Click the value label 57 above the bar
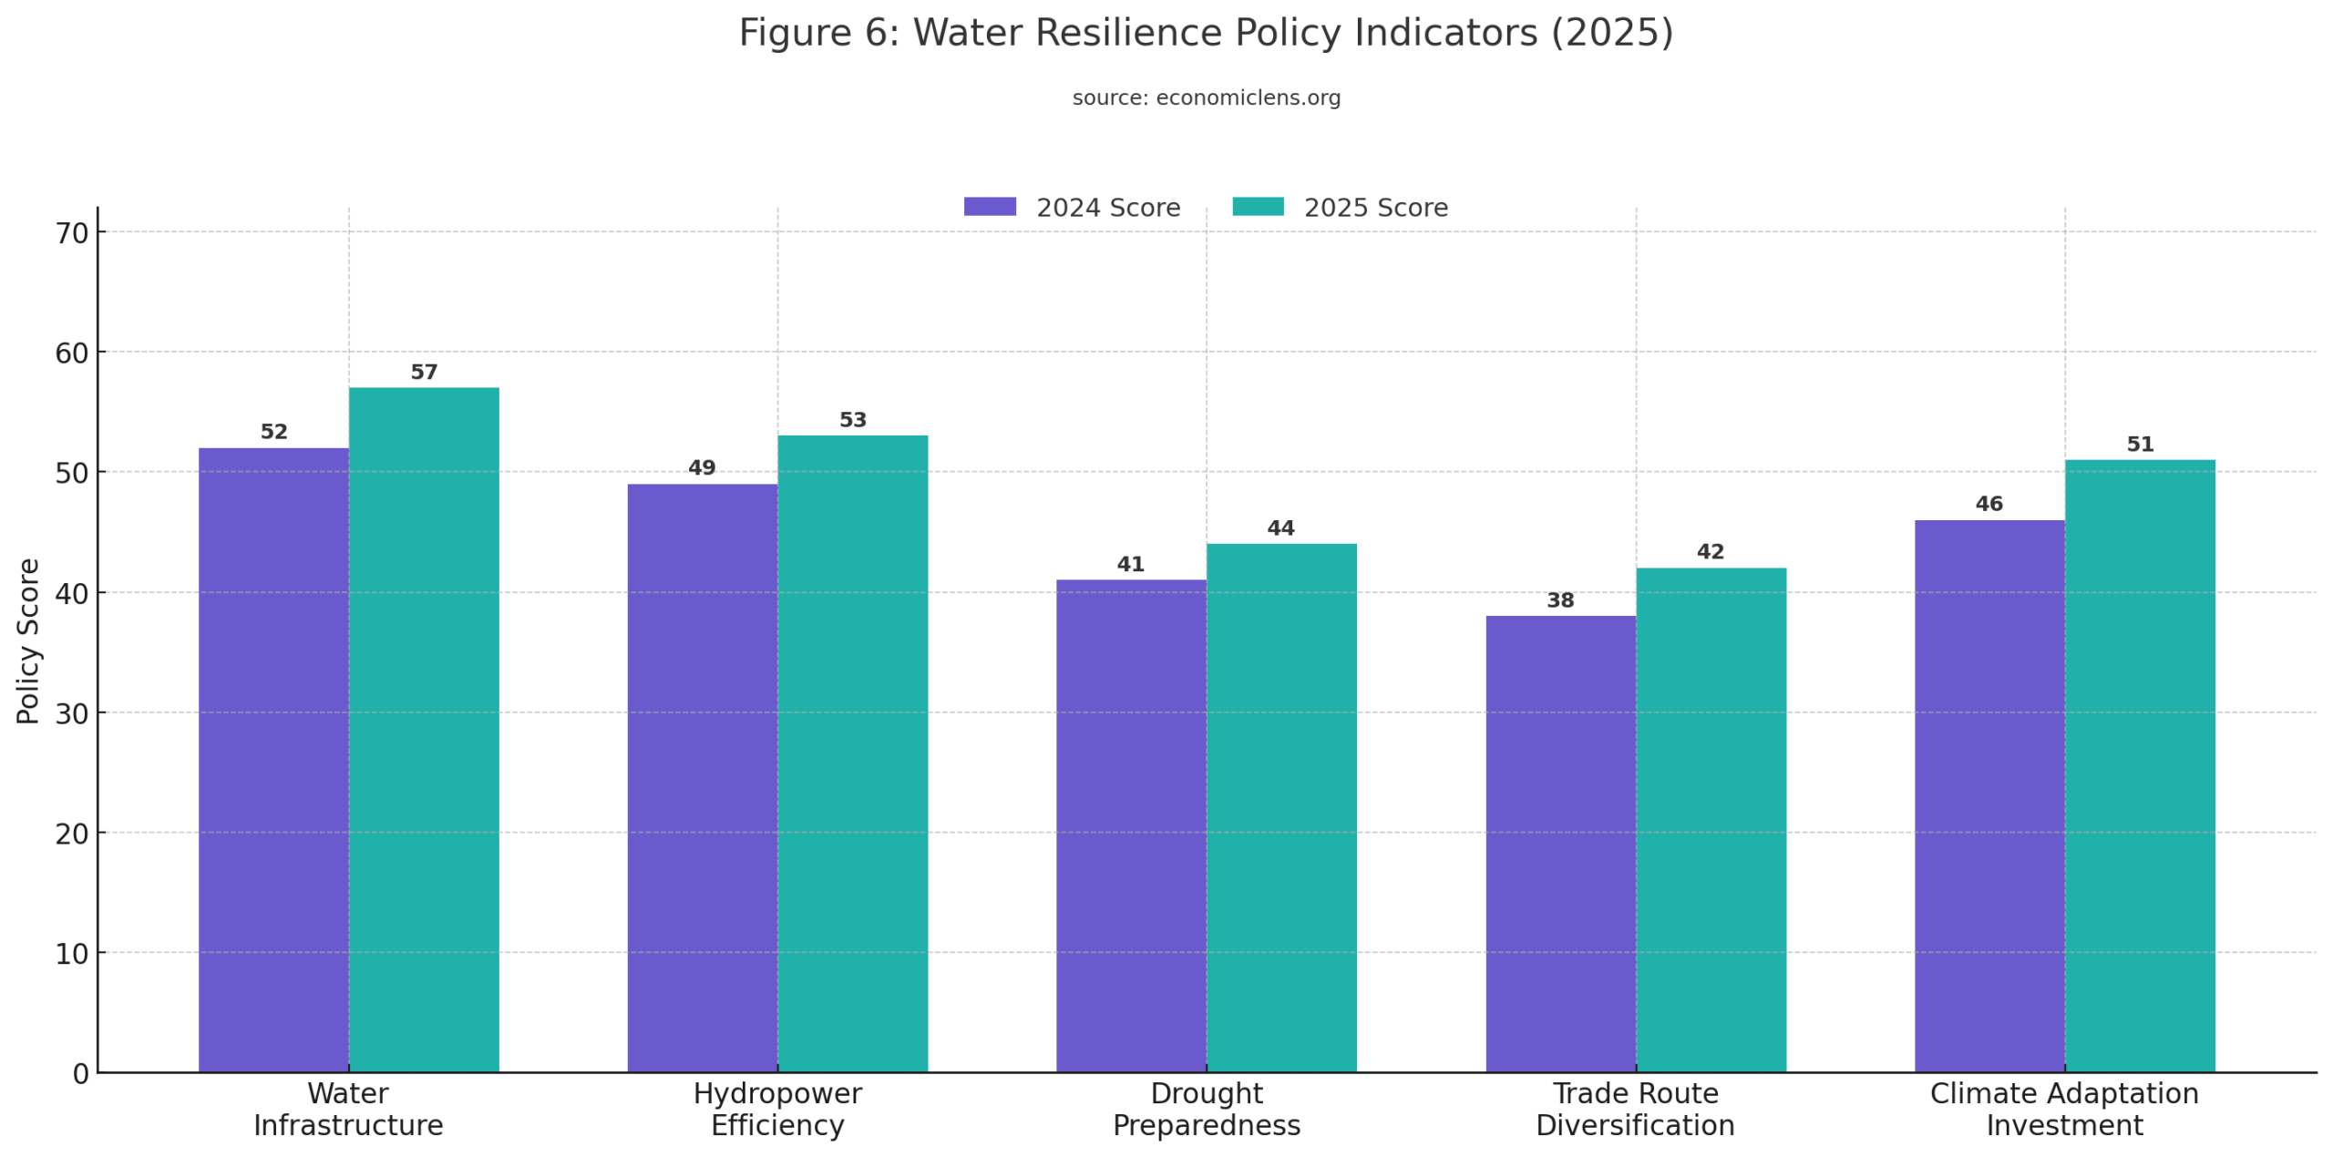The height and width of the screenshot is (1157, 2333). point(423,371)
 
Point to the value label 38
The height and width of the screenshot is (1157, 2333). point(1559,599)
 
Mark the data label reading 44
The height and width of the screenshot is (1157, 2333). point(1280,527)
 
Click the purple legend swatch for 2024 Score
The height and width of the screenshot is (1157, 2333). point(989,207)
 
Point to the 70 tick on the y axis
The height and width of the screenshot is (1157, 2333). point(72,233)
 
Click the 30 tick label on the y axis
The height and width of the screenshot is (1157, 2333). point(72,713)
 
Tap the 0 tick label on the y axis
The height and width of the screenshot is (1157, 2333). point(80,1073)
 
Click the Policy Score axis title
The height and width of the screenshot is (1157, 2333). point(28,640)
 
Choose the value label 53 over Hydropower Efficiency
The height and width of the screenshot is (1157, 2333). point(851,419)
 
